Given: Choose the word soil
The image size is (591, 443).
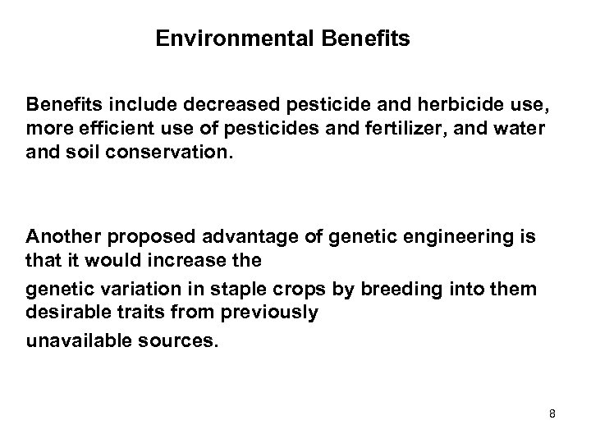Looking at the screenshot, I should (x=82, y=152).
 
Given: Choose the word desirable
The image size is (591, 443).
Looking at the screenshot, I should (x=63, y=312).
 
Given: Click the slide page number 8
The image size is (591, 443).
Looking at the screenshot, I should (x=552, y=414).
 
